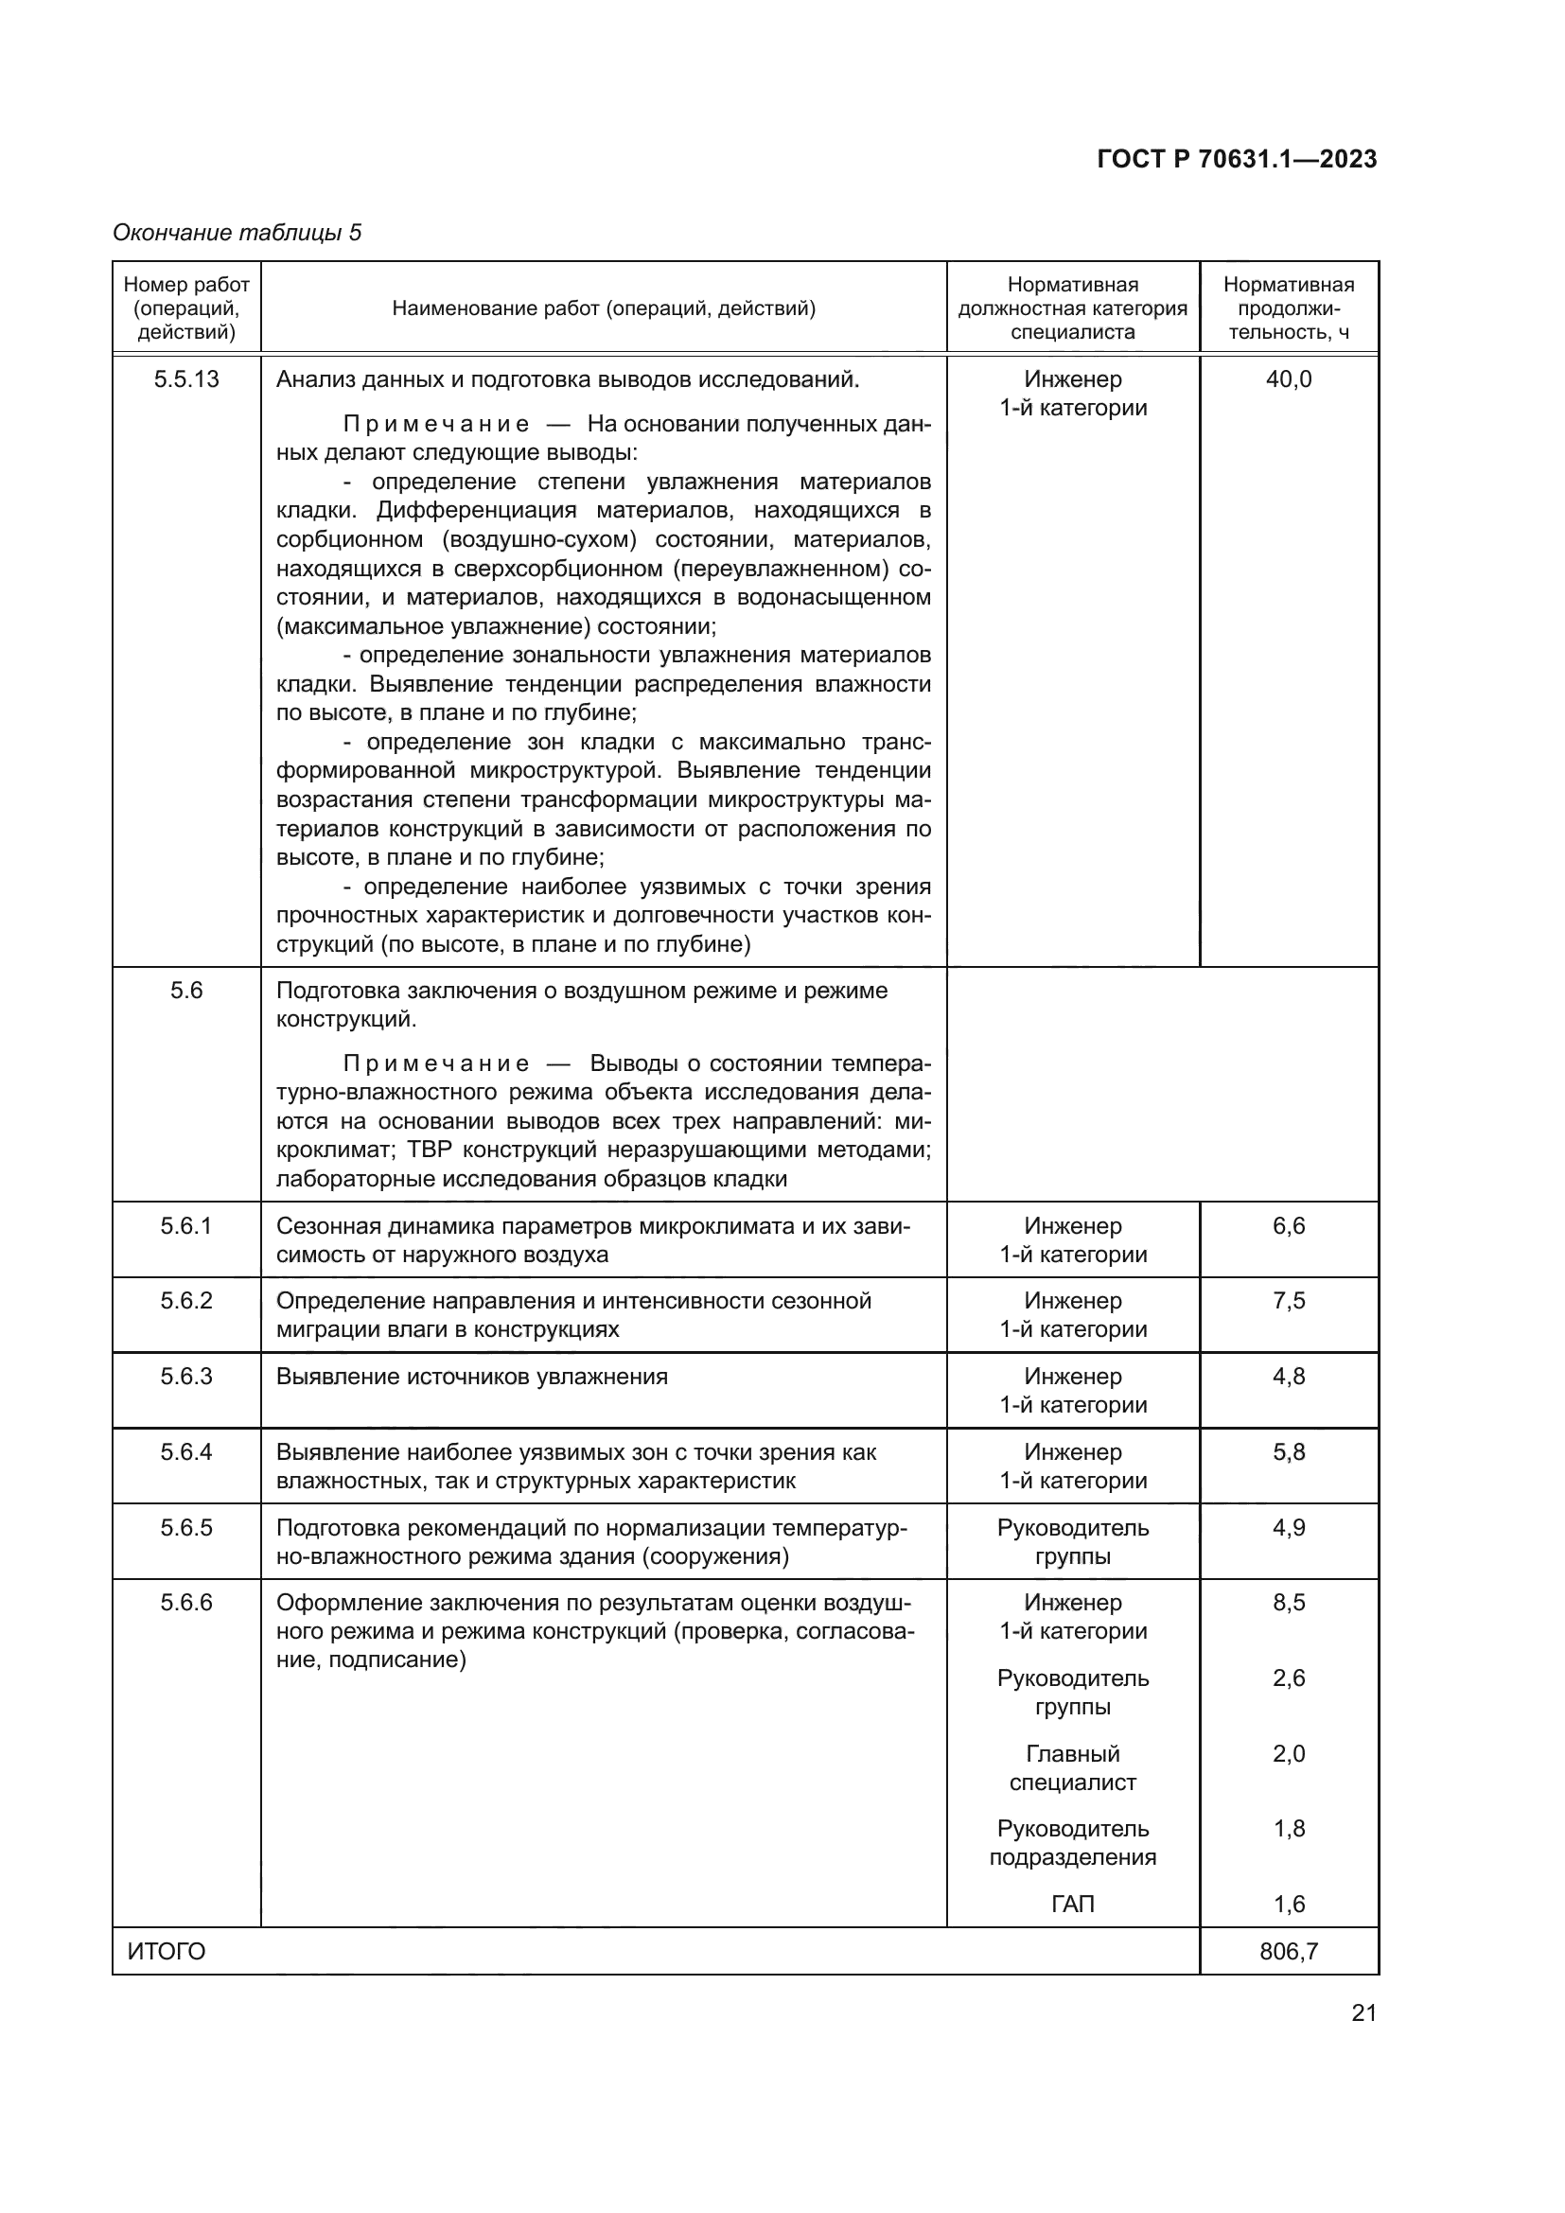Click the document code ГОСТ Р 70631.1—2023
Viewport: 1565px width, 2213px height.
(x=1237, y=159)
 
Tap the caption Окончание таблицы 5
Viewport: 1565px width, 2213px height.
(x=237, y=233)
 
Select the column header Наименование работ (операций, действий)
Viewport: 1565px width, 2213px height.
(x=604, y=308)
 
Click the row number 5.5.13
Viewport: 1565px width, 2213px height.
(x=186, y=378)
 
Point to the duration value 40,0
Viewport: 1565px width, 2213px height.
(x=1289, y=378)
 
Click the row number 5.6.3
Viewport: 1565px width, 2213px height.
(x=186, y=1377)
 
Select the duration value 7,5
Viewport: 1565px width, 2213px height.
(x=1289, y=1300)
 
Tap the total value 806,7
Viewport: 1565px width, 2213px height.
(x=1289, y=1952)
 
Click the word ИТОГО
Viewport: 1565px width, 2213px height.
(x=167, y=1952)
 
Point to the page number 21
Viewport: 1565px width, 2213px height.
(x=1363, y=2012)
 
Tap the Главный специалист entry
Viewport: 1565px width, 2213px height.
(x=1073, y=1767)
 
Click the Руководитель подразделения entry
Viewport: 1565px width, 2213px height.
(x=1073, y=1843)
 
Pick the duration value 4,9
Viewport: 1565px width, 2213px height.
(x=1289, y=1528)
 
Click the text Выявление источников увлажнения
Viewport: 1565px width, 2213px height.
(x=471, y=1377)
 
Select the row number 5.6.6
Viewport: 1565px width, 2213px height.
(x=186, y=1603)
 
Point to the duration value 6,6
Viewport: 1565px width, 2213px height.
(x=1289, y=1226)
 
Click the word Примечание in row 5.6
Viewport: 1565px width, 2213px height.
(x=435, y=1063)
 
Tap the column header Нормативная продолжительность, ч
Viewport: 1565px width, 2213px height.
(x=1289, y=308)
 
